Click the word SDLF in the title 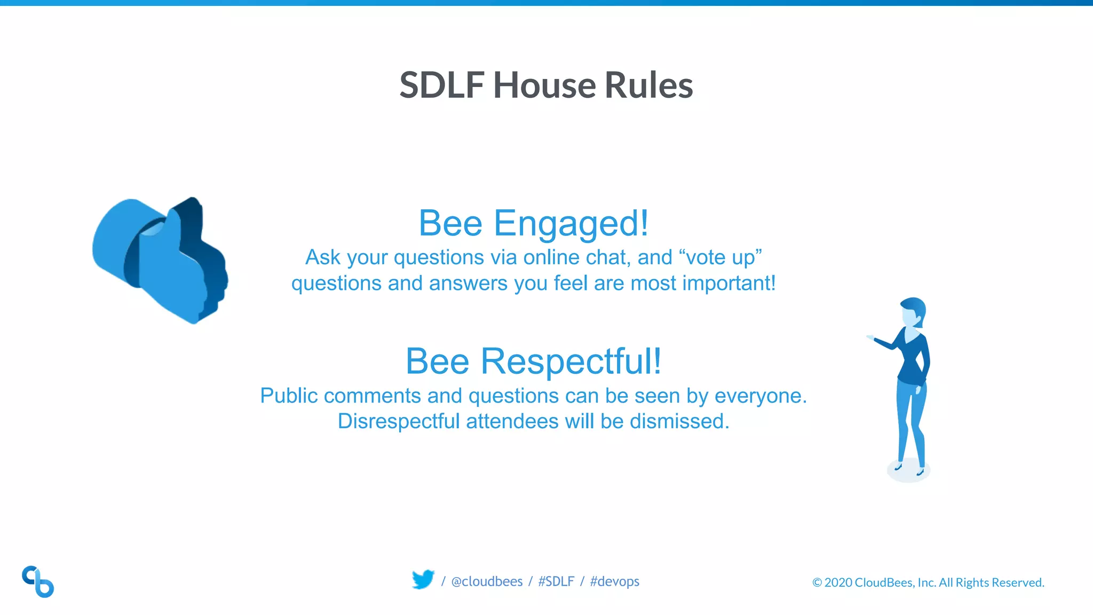pos(442,85)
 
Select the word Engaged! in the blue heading pos(571,223)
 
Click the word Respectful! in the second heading pos(571,361)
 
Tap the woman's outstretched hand pos(871,337)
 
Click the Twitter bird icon pos(423,580)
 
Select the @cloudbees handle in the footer pos(487,581)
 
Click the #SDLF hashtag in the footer pos(556,581)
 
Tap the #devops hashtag pos(614,581)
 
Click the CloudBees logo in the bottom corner pos(38,581)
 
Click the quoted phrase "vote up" pos(720,257)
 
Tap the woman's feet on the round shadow pos(908,470)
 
